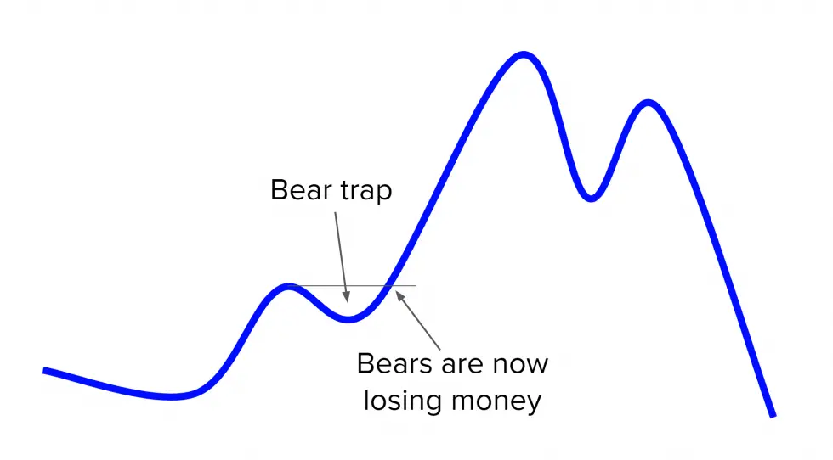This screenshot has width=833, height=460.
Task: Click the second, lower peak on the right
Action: [649, 104]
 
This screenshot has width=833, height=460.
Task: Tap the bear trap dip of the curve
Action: [348, 319]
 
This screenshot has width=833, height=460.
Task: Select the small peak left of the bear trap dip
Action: [289, 287]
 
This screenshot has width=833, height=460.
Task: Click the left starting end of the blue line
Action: [45, 371]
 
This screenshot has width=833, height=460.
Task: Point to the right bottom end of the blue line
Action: [772, 415]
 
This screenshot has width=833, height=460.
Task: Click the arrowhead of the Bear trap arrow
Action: [346, 299]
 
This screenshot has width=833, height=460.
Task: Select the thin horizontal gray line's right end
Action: [416, 286]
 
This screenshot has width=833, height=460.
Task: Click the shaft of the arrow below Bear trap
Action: [341, 255]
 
